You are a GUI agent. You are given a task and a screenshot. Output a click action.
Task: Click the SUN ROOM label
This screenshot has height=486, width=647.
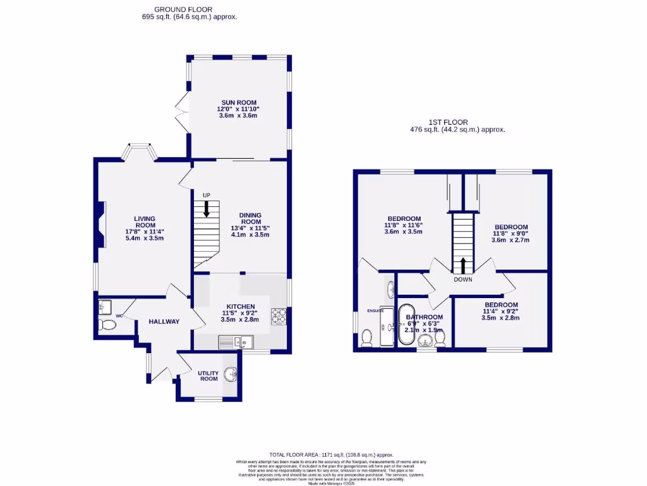[x=239, y=103]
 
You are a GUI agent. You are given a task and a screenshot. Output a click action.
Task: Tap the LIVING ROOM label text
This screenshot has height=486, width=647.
[x=145, y=222]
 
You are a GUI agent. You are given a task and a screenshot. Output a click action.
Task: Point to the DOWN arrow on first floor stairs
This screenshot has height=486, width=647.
[x=463, y=265]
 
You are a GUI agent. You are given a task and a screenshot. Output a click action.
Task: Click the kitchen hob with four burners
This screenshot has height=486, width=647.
[x=279, y=315]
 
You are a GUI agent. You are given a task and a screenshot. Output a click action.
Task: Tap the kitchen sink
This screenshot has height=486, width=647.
[x=235, y=342]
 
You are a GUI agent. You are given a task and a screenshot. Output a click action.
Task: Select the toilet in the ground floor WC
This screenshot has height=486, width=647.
[x=108, y=325]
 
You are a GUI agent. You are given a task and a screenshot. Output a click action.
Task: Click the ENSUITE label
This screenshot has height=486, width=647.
[x=375, y=311]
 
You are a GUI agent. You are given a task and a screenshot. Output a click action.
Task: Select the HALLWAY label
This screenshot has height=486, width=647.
[x=164, y=321]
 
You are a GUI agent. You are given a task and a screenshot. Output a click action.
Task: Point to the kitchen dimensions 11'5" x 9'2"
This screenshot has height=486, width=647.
[x=239, y=313]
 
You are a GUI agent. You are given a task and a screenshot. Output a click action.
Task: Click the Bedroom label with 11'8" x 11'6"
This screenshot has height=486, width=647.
[x=403, y=219]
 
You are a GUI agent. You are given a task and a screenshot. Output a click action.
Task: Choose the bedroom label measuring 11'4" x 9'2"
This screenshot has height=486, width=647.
[x=500, y=305]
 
